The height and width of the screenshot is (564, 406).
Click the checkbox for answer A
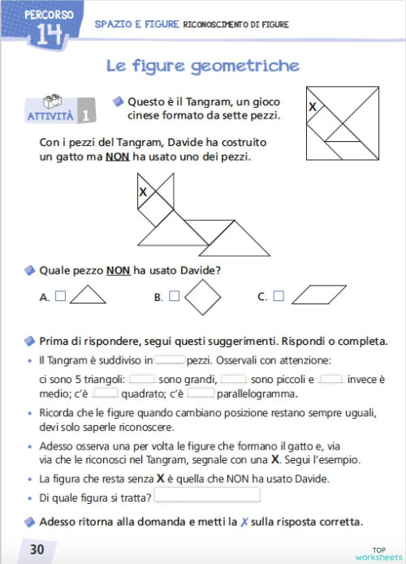(x=60, y=297)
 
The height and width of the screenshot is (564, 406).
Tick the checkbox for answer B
(x=174, y=297)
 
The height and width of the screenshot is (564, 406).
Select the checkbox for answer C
(x=279, y=297)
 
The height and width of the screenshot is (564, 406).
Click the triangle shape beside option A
(x=88, y=297)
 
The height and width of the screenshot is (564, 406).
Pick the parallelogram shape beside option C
(x=319, y=295)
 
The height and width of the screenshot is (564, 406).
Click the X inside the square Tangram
(x=313, y=106)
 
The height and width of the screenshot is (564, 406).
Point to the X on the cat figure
(x=143, y=192)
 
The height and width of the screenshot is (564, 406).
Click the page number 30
(x=37, y=549)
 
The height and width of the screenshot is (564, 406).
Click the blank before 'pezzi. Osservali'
(x=170, y=359)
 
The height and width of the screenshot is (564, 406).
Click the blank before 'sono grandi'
(x=142, y=378)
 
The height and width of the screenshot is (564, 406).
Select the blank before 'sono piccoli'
(x=234, y=378)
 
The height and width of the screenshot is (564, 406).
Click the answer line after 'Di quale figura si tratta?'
(x=208, y=495)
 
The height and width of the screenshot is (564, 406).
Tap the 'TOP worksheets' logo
(x=379, y=552)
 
